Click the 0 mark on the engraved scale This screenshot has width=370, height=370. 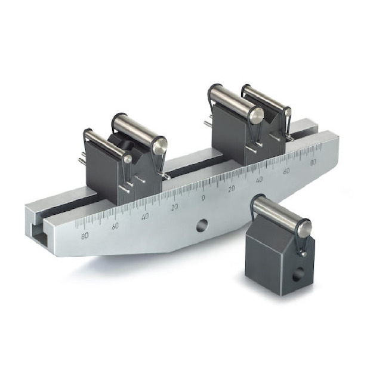203,198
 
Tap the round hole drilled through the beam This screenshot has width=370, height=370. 202,225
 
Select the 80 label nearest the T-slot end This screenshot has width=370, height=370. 85,235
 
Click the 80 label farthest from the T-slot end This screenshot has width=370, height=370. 313,162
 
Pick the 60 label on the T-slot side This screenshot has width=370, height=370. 115,226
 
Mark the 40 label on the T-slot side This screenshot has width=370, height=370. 144,217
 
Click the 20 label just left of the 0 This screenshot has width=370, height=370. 174,207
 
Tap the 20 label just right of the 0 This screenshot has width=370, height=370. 232,188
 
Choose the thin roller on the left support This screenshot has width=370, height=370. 107,145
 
